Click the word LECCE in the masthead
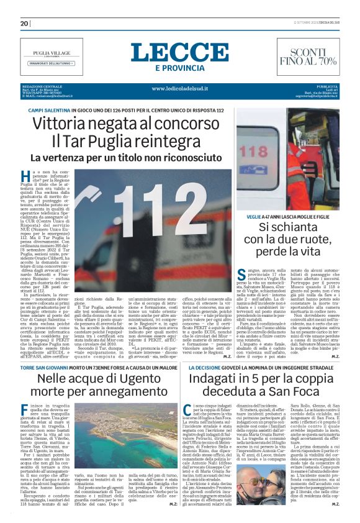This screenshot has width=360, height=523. coord(179,52)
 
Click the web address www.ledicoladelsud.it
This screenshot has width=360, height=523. coord(179,88)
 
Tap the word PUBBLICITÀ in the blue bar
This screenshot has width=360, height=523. coord(326,86)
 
